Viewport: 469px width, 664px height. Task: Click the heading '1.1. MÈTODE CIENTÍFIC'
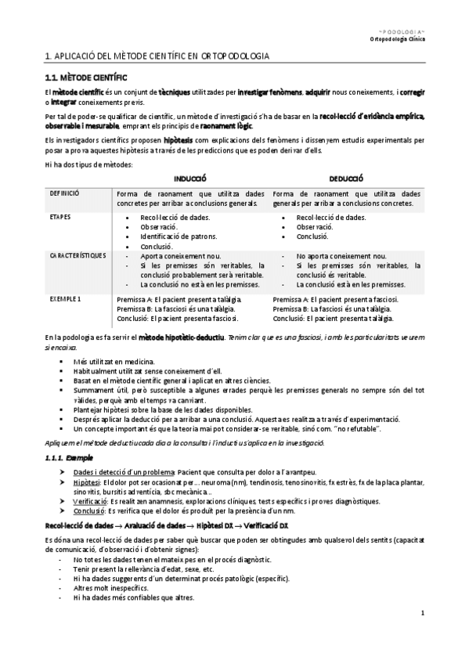(x=82, y=78)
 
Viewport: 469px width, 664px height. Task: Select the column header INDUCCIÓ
(x=190, y=179)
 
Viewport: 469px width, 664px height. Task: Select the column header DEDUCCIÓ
(x=345, y=179)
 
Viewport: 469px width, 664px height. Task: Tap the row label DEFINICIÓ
(x=64, y=193)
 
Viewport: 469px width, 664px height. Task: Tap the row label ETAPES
(x=60, y=215)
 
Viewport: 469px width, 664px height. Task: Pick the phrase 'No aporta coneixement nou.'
(x=341, y=256)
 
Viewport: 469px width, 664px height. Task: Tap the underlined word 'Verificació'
(x=90, y=501)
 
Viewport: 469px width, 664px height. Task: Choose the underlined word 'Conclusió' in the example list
(x=88, y=511)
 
